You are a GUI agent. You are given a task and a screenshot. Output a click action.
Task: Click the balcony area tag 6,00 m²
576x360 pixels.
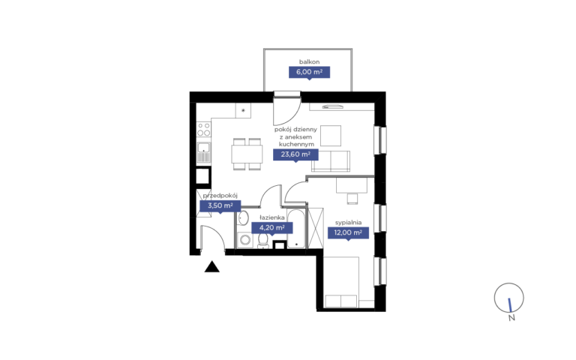tap(309, 72)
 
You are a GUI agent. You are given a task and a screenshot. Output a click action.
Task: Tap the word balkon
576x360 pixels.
tap(309, 61)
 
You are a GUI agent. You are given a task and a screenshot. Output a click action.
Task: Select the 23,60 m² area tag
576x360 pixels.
tap(295, 154)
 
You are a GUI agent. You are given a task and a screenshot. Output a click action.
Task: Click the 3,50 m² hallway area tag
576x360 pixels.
tap(220, 205)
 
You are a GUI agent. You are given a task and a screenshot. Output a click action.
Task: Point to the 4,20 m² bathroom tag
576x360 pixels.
tap(271, 228)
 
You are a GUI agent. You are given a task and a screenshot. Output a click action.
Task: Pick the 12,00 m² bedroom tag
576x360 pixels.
tap(348, 232)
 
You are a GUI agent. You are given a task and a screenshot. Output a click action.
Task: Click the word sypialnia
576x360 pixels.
tap(348, 223)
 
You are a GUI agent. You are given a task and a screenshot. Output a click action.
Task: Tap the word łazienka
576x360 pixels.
tap(272, 217)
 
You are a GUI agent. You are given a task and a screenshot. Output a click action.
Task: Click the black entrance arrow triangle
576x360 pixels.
tap(212, 267)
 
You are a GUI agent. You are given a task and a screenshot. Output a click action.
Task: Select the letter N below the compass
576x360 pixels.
tap(511, 318)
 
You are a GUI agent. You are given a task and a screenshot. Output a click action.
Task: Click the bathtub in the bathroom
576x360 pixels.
tap(296, 229)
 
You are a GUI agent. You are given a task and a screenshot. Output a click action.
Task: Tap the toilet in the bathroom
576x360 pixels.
tap(262, 241)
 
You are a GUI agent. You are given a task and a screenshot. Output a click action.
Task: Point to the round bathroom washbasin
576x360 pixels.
tap(243, 218)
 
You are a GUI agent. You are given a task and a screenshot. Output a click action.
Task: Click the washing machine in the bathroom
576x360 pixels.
tap(245, 241)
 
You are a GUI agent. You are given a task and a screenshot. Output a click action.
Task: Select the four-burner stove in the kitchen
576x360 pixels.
tap(204, 130)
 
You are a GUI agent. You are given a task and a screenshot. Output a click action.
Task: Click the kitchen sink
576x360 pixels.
tap(204, 152)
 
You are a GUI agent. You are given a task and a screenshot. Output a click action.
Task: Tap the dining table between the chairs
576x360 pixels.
tap(247, 154)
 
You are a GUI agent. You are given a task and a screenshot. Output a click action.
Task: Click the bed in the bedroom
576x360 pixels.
tap(341, 282)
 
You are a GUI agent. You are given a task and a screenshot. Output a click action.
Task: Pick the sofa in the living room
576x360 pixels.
tap(331, 161)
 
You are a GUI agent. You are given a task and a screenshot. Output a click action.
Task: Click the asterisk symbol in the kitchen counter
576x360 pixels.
tap(243, 110)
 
